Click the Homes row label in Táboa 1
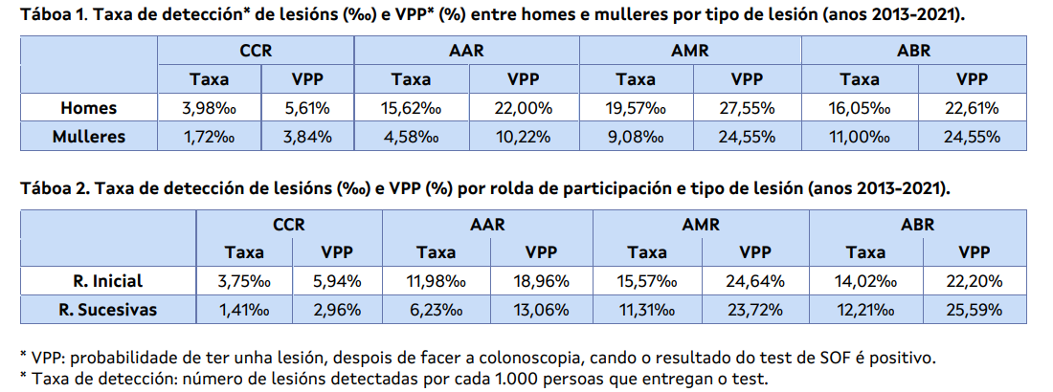[x=88, y=108]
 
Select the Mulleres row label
[x=88, y=136]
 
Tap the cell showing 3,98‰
[x=209, y=108]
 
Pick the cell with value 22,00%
[x=523, y=108]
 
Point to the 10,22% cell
[x=523, y=136]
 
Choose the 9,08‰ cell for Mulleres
[x=636, y=136]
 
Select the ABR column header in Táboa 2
[x=918, y=226]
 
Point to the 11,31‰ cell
[x=647, y=309]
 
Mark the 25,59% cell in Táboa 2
[x=974, y=309]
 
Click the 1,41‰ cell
[x=244, y=309]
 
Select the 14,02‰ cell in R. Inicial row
[x=865, y=281]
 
